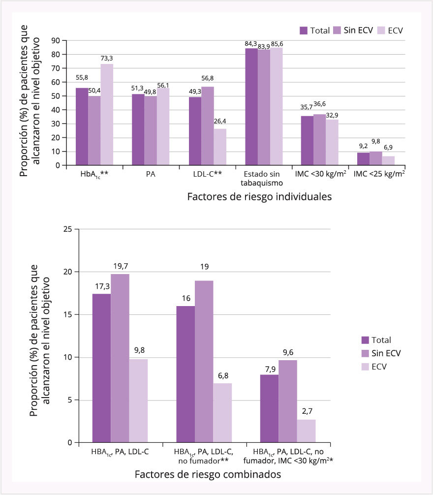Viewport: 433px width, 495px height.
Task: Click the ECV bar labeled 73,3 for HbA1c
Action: pyautogui.click(x=107, y=115)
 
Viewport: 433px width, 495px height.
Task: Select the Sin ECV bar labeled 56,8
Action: pyautogui.click(x=207, y=126)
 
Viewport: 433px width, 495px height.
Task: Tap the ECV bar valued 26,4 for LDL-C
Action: pyautogui.click(x=219, y=147)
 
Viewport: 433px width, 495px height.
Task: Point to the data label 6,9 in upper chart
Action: pyautogui.click(x=389, y=148)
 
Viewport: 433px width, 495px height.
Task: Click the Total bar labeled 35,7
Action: pyautogui.click(x=308, y=141)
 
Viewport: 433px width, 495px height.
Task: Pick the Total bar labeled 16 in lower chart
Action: pyautogui.click(x=186, y=374)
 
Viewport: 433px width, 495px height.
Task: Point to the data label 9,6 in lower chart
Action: pyautogui.click(x=288, y=352)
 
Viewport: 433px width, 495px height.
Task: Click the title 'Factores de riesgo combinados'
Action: pyautogui.click(x=207, y=474)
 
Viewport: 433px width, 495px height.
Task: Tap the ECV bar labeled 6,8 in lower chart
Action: pyautogui.click(x=222, y=413)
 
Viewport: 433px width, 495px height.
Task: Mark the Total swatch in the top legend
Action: pyautogui.click(x=304, y=31)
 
